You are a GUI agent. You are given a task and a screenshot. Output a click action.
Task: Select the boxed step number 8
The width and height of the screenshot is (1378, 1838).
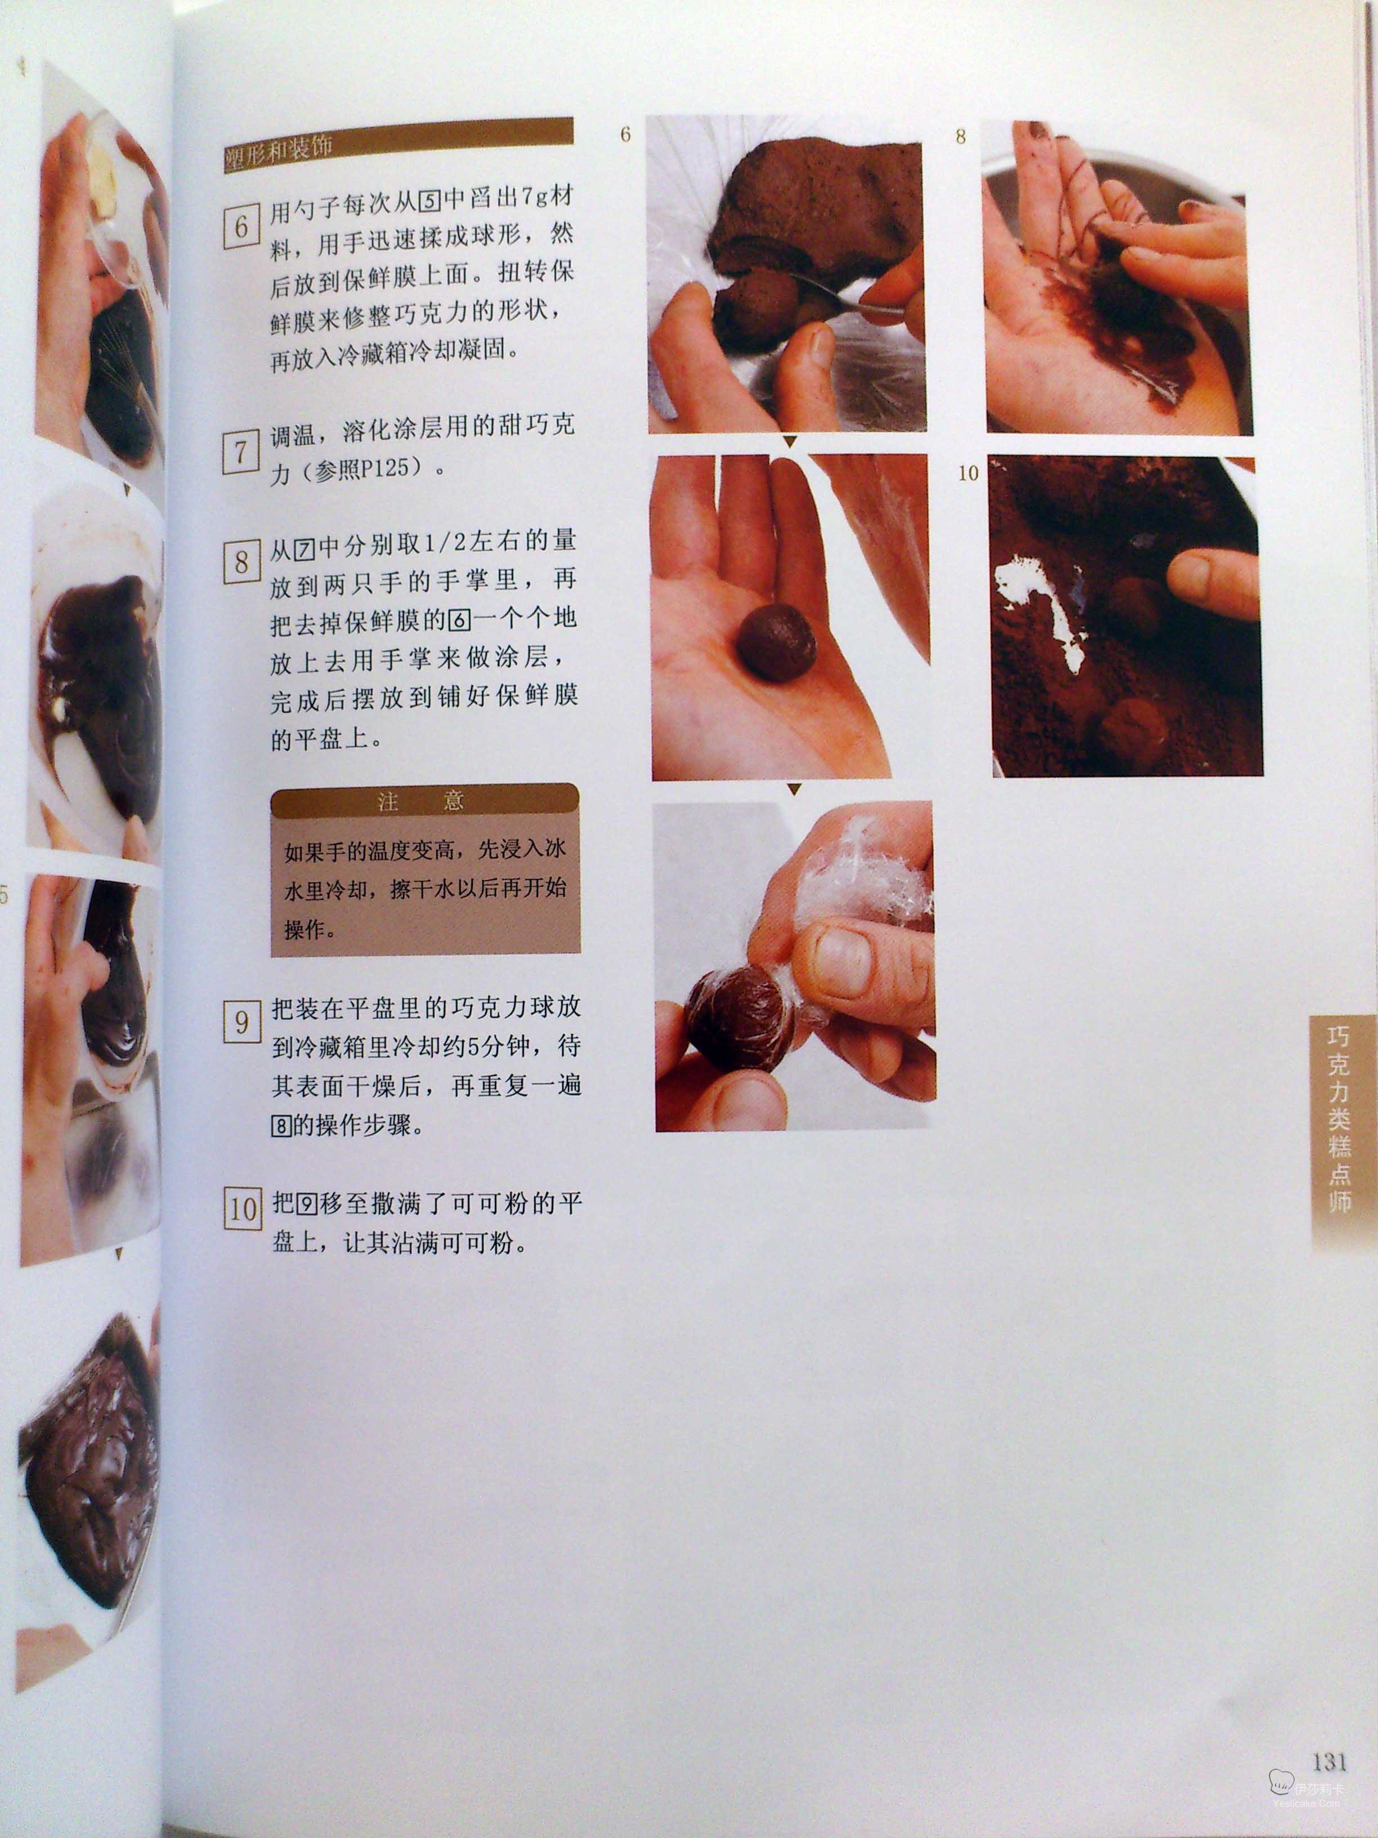pyautogui.click(x=241, y=563)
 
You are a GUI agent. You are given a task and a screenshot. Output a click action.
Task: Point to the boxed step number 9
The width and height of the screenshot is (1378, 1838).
pyautogui.click(x=241, y=1021)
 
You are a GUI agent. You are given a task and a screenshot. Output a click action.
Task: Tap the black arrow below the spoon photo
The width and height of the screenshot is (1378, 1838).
pyautogui.click(x=790, y=442)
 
